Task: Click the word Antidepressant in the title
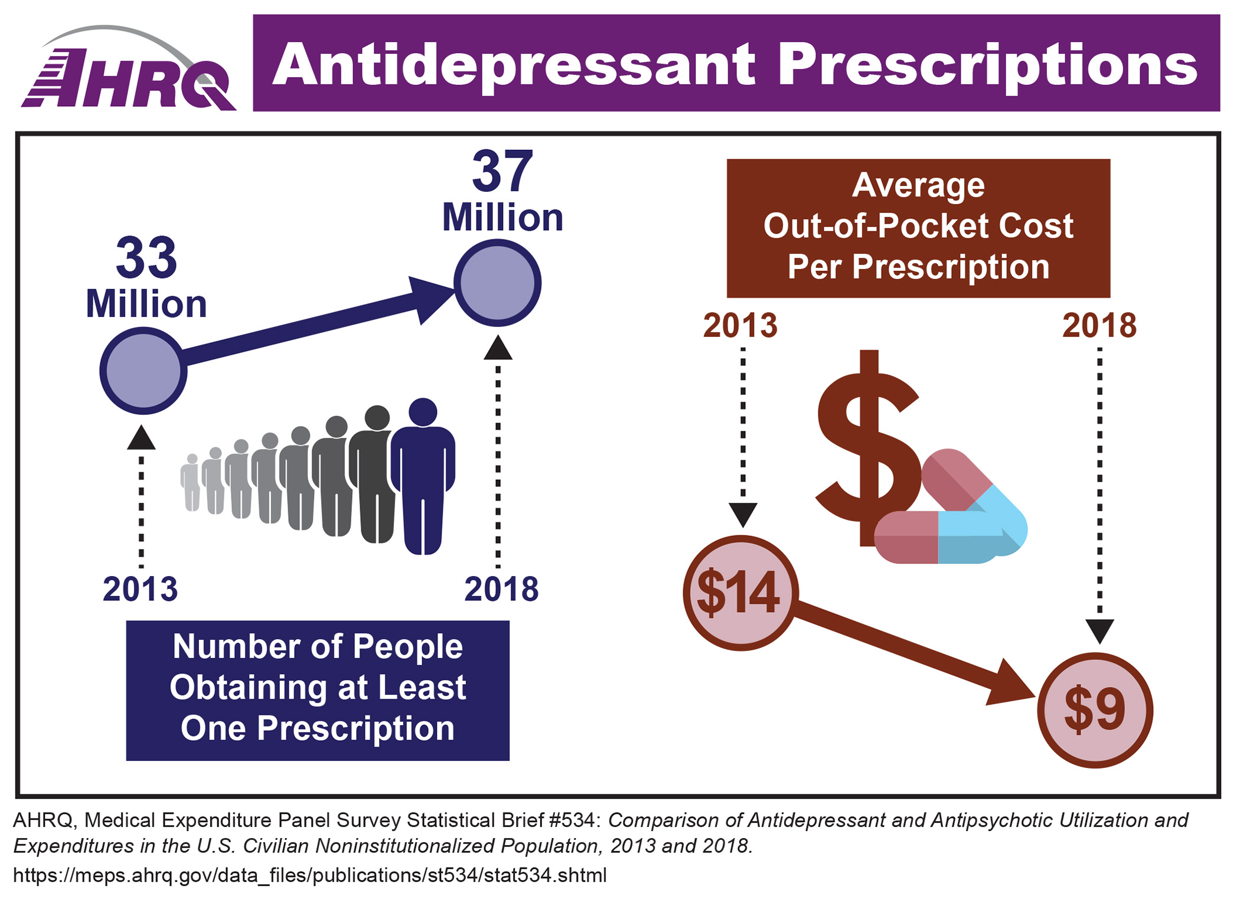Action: [513, 65]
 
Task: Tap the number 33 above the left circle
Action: [146, 258]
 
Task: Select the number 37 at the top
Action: [502, 172]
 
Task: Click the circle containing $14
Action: [740, 593]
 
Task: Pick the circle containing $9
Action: [1095, 709]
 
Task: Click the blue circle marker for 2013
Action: [143, 371]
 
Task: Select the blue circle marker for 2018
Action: [497, 283]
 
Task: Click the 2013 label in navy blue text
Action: [140, 589]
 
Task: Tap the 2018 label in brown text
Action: [1099, 326]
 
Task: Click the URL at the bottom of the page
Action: [309, 875]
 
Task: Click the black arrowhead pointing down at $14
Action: [743, 514]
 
